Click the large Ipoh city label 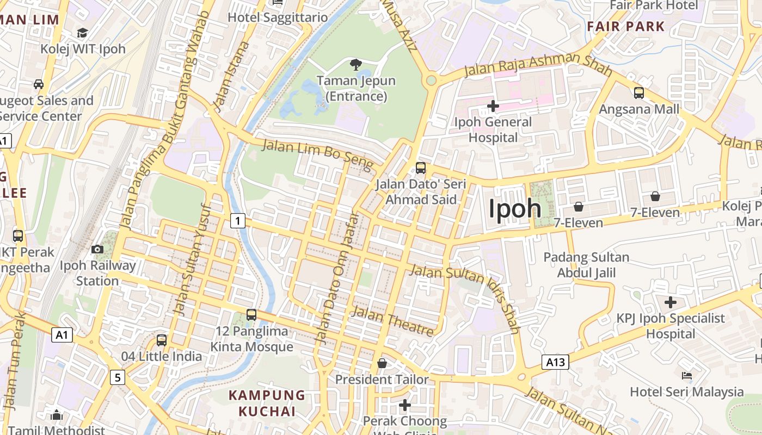[515, 209]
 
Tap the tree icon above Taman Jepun [357, 65]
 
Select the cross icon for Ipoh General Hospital [493, 106]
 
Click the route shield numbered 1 [237, 221]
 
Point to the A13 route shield [555, 362]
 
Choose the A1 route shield [62, 334]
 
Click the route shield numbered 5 [117, 377]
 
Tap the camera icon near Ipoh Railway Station [97, 250]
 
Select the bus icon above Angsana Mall [639, 93]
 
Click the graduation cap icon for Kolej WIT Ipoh [83, 33]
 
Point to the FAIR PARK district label [626, 26]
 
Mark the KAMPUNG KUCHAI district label [267, 403]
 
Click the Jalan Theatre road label [392, 321]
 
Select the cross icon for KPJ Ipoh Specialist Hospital [671, 302]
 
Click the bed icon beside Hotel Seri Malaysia [687, 376]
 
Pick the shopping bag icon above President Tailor [382, 363]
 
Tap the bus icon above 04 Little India [162, 340]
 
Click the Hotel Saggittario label [278, 17]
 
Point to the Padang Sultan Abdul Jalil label [586, 265]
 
